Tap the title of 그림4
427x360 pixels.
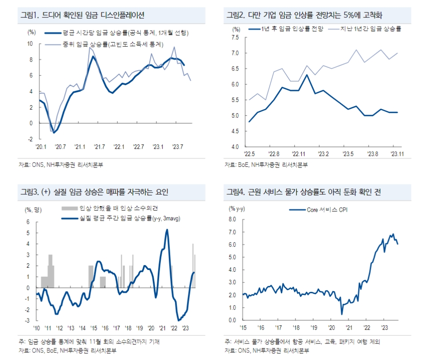(x=303, y=192)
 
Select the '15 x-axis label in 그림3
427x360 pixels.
(x=94, y=327)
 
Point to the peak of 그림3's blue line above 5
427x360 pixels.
(x=167, y=230)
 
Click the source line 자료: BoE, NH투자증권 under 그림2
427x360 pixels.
(x=266, y=165)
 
